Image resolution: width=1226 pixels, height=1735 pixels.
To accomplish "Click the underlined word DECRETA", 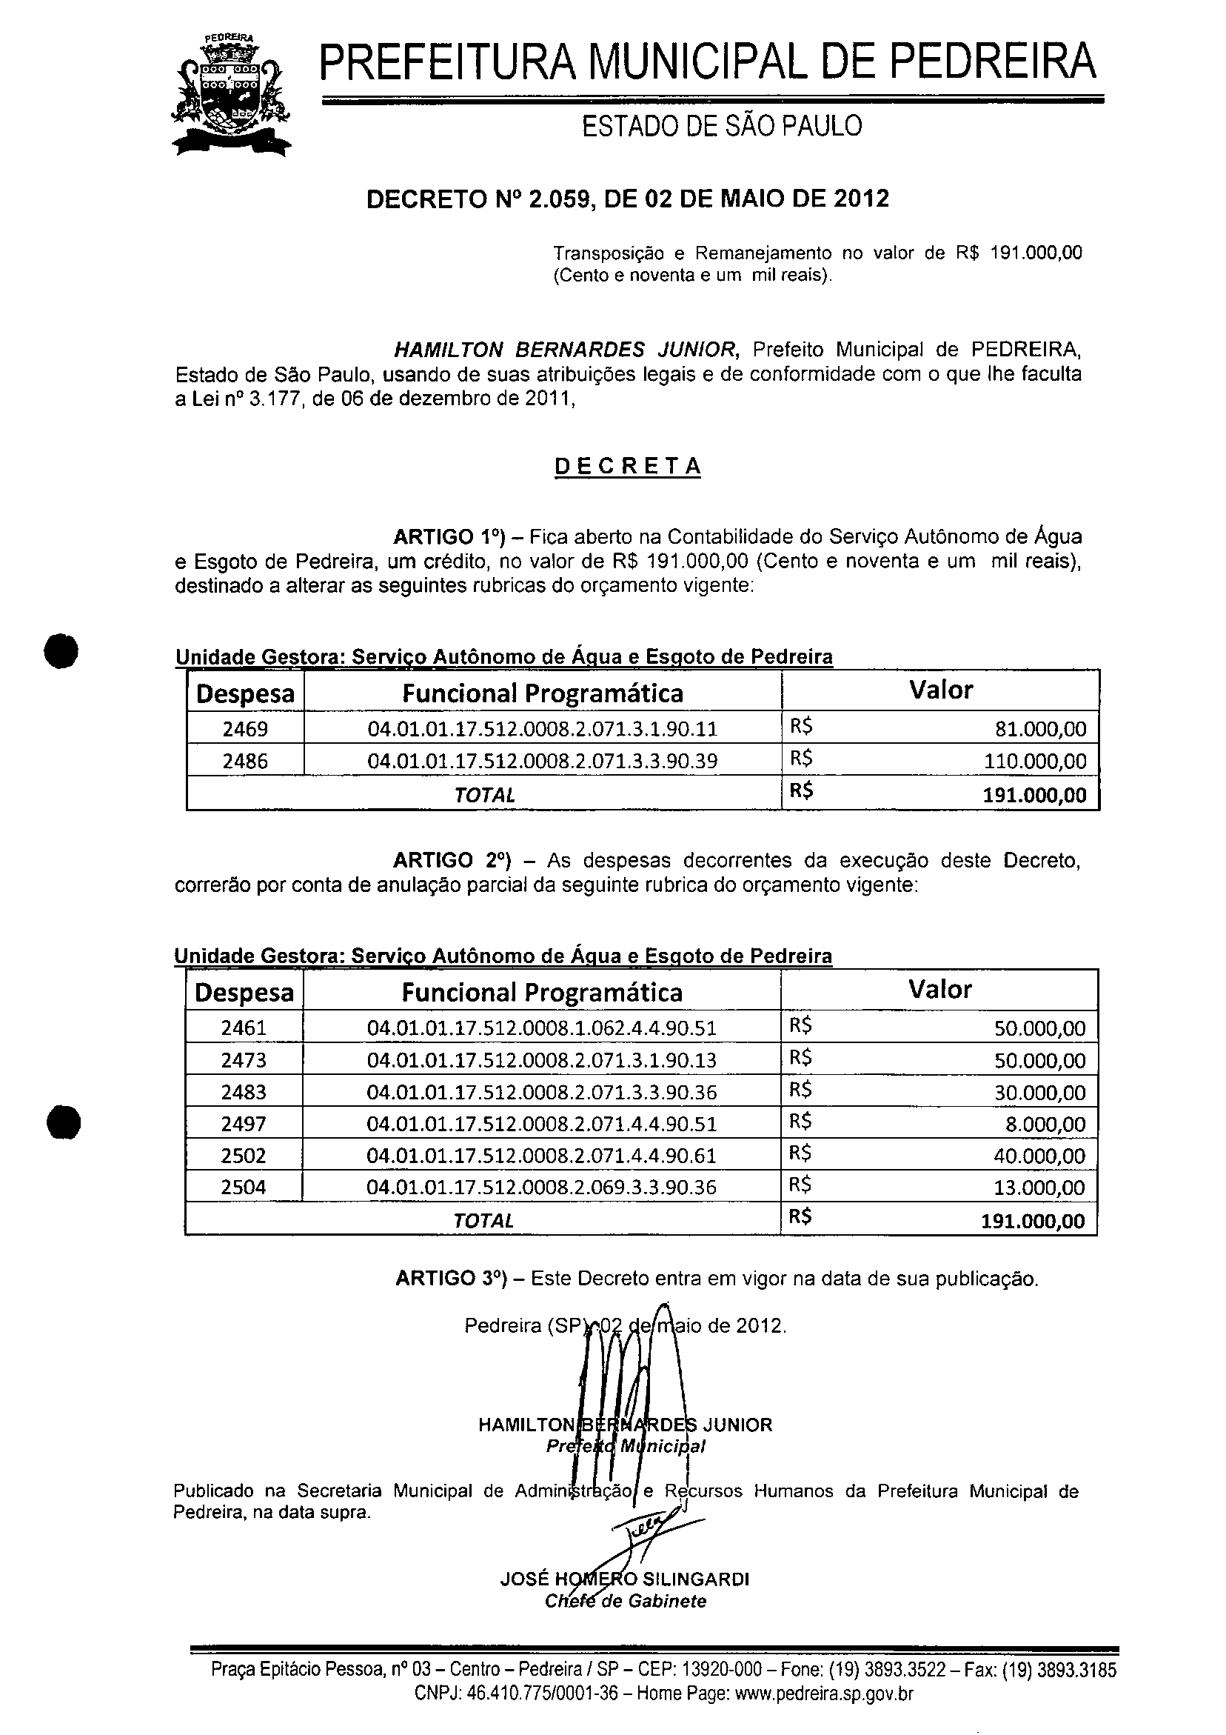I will click(628, 466).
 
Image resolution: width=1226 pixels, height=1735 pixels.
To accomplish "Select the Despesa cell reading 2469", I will click(246, 728).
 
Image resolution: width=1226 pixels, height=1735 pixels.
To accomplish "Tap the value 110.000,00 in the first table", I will click(1035, 761).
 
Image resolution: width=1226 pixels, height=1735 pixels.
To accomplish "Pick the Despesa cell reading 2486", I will click(246, 761).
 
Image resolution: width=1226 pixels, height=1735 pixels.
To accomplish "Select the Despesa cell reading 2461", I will click(244, 1028).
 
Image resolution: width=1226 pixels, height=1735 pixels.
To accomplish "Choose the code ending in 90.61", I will click(542, 1156).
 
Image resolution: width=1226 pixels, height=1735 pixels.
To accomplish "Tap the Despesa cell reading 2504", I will click(244, 1187).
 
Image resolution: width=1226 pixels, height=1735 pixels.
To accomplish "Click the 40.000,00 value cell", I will click(1039, 1156).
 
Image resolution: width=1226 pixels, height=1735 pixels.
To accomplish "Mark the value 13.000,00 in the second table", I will click(1039, 1187).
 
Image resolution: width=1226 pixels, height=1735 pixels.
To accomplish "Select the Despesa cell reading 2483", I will click(244, 1092).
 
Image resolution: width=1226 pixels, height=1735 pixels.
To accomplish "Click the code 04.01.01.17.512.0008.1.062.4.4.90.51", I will click(542, 1028).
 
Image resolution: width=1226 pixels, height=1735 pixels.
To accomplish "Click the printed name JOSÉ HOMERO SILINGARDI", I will click(624, 1579).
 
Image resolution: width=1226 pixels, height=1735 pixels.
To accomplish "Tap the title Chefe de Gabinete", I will click(626, 1601).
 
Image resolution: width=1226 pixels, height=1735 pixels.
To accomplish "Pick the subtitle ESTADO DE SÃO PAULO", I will click(721, 126).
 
